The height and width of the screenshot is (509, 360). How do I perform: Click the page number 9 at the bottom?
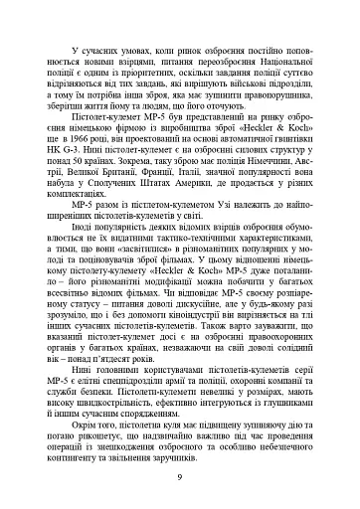click(179, 478)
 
